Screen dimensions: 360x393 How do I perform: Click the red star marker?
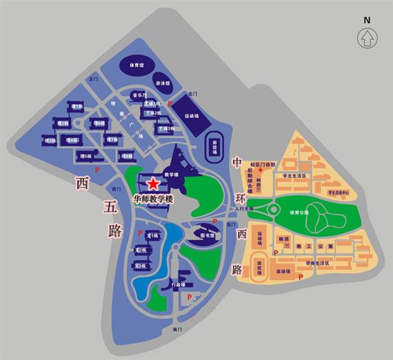click(152, 183)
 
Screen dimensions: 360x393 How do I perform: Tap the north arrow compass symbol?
click(367, 35)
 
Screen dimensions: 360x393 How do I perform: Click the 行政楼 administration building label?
click(177, 284)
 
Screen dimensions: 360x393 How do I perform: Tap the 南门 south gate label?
click(177, 330)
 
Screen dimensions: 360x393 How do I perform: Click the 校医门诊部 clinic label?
click(263, 164)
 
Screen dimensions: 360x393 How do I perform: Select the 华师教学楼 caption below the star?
click(154, 199)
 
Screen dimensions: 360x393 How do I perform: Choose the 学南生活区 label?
click(312, 263)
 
